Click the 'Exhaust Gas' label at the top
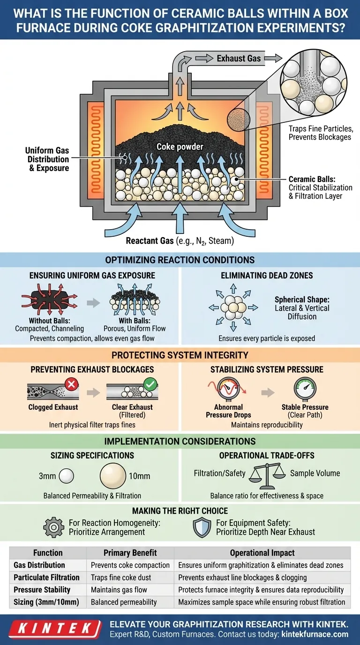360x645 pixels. pos(238,59)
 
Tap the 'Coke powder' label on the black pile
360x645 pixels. pos(180,147)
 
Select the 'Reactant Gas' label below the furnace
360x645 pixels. pos(180,241)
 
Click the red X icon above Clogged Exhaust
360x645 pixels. pos(72,385)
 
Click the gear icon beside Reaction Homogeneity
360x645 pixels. pos(54,527)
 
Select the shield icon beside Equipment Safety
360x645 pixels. pos(202,527)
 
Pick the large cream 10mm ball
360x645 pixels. pos(113,475)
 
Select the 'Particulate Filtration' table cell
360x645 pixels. pos(46,577)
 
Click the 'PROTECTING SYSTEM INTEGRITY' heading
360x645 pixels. pos(180,354)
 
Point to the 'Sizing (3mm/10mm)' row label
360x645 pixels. pos(46,601)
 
